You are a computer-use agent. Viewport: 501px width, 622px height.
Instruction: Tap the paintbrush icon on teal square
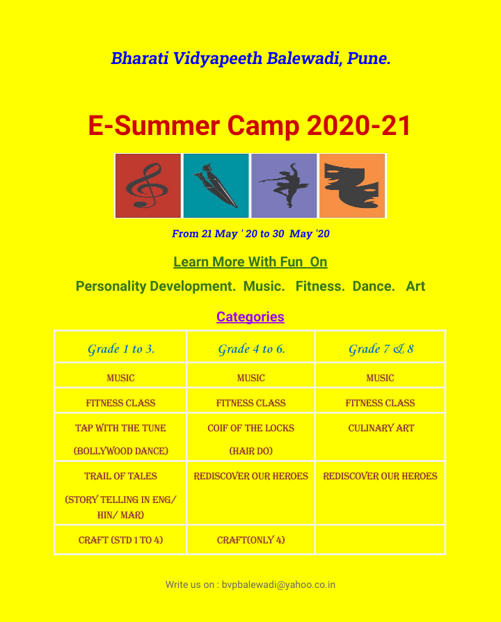coord(216,186)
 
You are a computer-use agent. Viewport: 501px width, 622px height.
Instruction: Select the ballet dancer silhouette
coord(285,185)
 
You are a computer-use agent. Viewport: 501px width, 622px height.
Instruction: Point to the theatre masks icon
coord(352,186)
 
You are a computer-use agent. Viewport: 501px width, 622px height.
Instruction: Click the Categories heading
coord(250,317)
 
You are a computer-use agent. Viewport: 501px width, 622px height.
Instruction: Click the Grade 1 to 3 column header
coord(121,349)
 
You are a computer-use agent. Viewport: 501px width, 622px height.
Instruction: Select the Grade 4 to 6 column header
coord(251,349)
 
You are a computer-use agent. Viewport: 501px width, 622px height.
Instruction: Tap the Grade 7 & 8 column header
coord(381,349)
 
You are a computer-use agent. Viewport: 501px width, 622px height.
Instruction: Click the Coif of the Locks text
coord(250,428)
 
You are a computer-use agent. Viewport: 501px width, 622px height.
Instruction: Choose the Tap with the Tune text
coord(120,428)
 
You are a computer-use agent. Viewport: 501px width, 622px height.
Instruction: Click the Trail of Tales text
coord(120,476)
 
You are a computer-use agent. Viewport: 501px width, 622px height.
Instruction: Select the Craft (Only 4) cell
coord(250,540)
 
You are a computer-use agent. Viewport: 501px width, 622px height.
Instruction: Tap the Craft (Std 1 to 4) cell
coord(120,540)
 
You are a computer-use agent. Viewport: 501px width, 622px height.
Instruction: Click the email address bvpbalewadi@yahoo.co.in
coord(278,584)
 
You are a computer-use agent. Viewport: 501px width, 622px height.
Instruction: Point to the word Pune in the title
coord(369,58)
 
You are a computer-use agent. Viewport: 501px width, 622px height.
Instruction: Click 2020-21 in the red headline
coord(359,126)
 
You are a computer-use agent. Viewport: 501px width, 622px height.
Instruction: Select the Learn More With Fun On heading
coord(250,262)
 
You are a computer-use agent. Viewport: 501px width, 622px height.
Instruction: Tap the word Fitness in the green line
coord(320,286)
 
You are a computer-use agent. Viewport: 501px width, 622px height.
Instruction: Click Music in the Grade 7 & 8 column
coord(380,378)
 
